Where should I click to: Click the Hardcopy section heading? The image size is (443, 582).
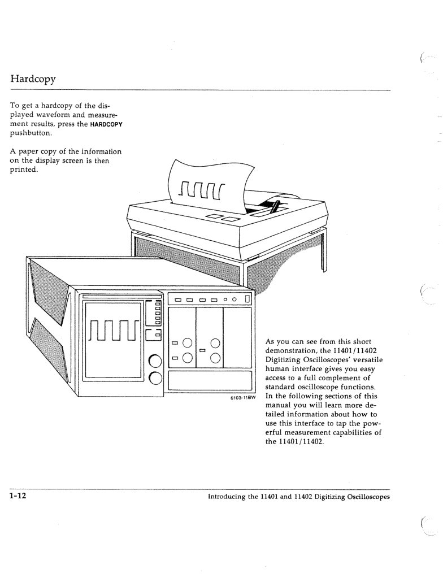point(33,79)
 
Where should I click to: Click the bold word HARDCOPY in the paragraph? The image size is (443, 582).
point(106,124)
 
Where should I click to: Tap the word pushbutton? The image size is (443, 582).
point(31,133)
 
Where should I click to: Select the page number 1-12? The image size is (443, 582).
point(18,496)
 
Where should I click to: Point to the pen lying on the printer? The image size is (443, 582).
point(275,207)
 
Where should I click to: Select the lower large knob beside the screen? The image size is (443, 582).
point(155,378)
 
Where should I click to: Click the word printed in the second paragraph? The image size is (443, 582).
point(24,170)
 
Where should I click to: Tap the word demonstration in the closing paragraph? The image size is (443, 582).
point(289,351)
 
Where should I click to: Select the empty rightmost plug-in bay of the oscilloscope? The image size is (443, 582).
point(238,337)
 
